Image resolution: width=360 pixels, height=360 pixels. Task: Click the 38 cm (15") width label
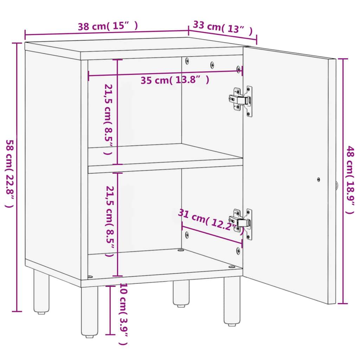click(x=108, y=26)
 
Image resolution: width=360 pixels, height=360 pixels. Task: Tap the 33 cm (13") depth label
click(x=223, y=28)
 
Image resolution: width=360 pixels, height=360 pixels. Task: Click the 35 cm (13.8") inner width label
click(x=175, y=80)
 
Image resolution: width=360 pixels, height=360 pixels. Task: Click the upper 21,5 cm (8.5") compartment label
click(x=107, y=120)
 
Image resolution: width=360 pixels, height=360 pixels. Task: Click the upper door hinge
click(x=242, y=101)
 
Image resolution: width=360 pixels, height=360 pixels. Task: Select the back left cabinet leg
click(x=41, y=291)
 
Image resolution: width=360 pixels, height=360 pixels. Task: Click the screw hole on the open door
click(x=319, y=179)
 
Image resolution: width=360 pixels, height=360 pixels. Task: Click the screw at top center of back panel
click(x=212, y=65)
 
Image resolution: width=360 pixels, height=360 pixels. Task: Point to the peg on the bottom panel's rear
click(x=181, y=250)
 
